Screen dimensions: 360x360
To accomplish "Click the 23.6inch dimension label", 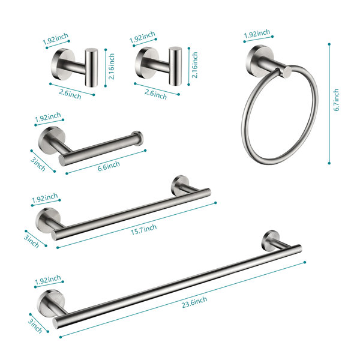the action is pyautogui.click(x=194, y=302).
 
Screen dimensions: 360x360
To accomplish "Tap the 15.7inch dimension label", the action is pyautogui.click(x=144, y=229).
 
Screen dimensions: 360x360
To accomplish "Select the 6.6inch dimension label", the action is pyautogui.click(x=109, y=166).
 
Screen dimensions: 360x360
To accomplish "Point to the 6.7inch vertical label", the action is pyautogui.click(x=336, y=100).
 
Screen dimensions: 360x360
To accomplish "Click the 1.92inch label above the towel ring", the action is pyautogui.click(x=257, y=34).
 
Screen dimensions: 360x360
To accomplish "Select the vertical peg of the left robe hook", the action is pyautogui.click(x=91, y=67).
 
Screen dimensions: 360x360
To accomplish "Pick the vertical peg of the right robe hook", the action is pyautogui.click(x=175, y=66).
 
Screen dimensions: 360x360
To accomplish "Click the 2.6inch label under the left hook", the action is pyautogui.click(x=70, y=94).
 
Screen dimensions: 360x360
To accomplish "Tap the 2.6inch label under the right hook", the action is pyautogui.click(x=155, y=94).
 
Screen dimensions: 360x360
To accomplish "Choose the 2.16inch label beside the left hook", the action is pyautogui.click(x=112, y=67).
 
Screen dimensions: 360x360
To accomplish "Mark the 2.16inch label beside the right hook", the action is pyautogui.click(x=194, y=65).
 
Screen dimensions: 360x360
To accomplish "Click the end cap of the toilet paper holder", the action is pyautogui.click(x=138, y=138).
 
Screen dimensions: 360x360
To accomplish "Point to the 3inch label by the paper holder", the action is pyautogui.click(x=38, y=164).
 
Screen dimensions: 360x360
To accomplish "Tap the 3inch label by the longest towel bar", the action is pyautogui.click(x=35, y=326).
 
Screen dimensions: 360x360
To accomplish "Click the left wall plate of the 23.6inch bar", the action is pyautogui.click(x=52, y=302).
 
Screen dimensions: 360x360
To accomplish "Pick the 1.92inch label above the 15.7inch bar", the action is pyautogui.click(x=45, y=198).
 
